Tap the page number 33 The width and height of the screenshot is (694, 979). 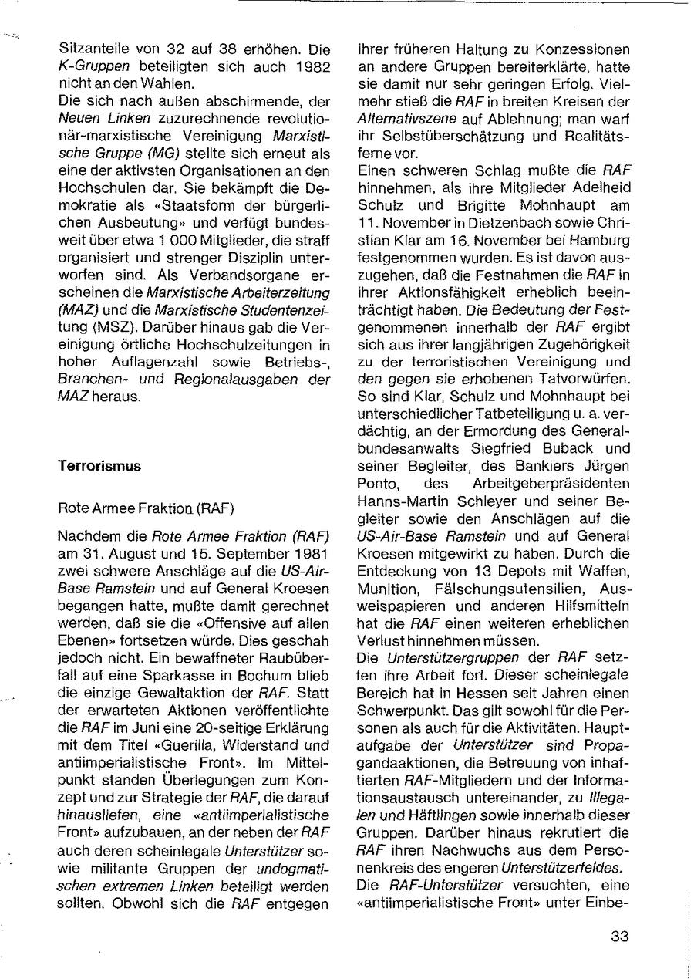point(620,938)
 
